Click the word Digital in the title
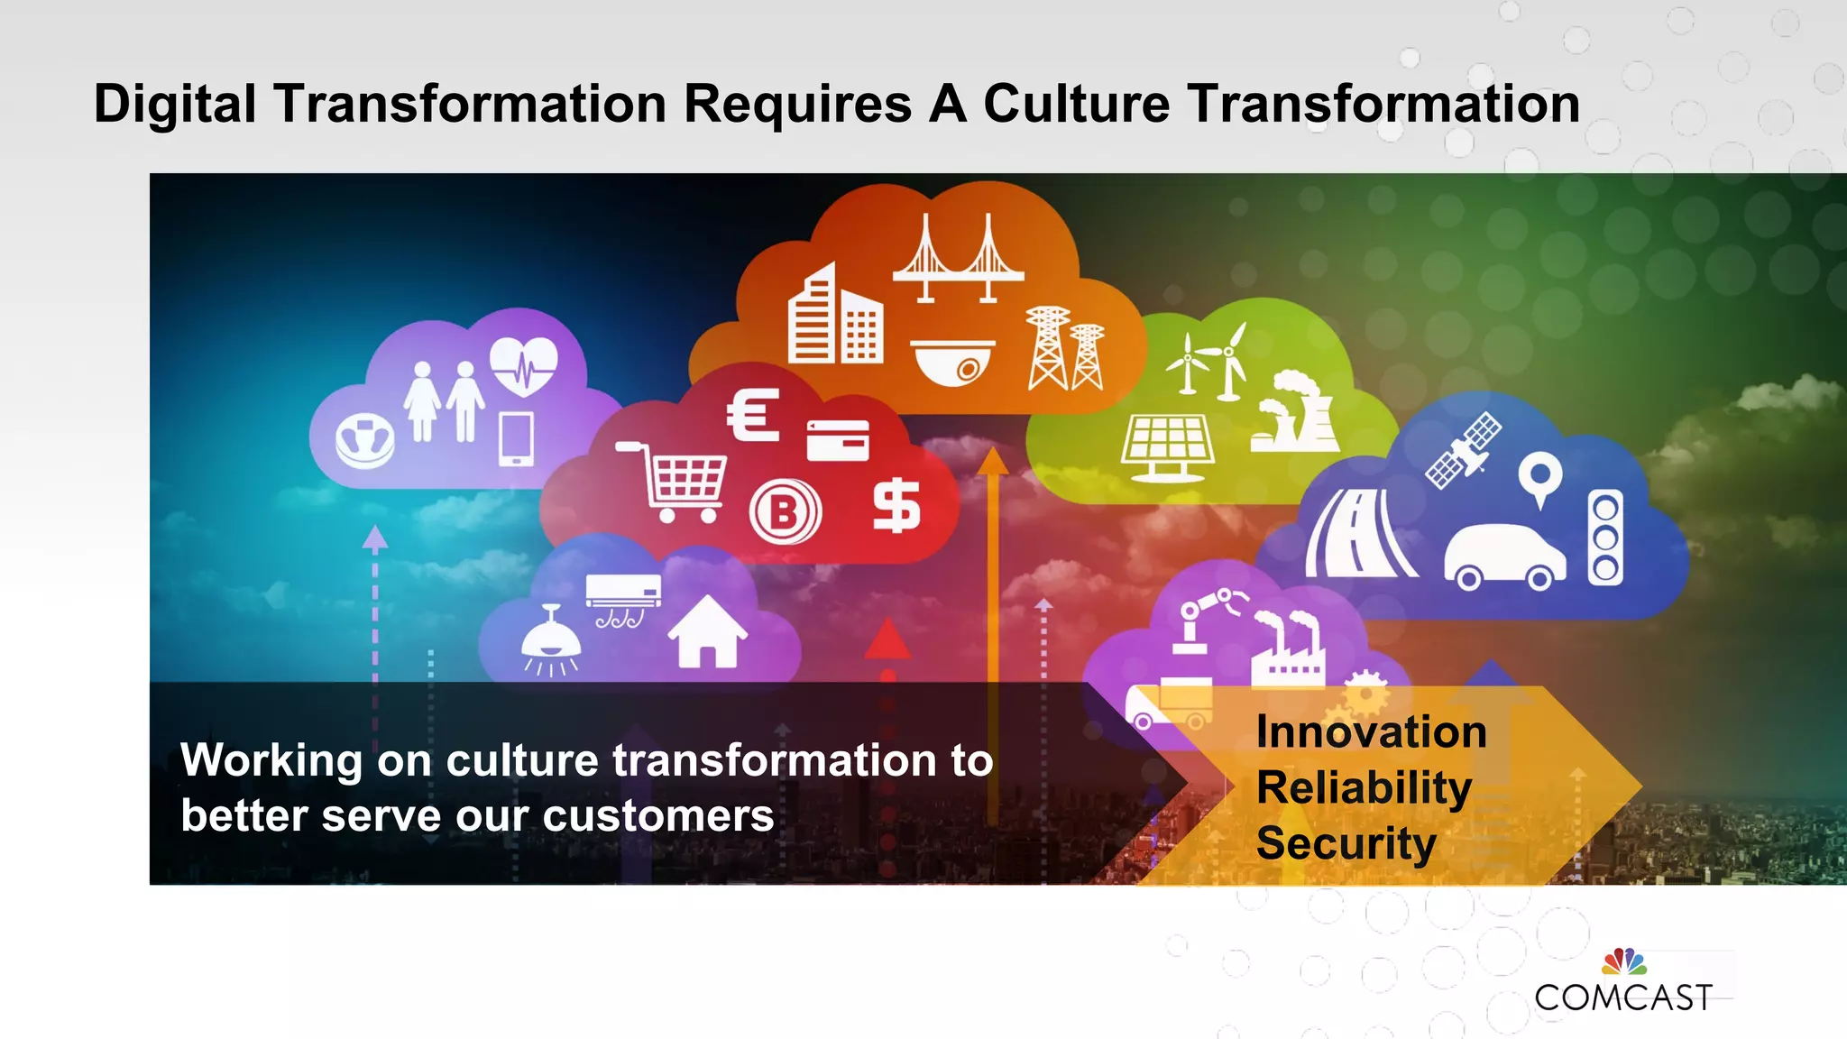click(175, 105)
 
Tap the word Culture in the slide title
click(1076, 105)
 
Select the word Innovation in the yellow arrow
click(1371, 731)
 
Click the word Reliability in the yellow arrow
click(1364, 788)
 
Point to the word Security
click(1346, 844)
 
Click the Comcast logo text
click(1623, 997)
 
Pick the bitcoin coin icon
click(785, 512)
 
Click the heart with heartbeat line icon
click(524, 365)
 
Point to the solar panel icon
click(1167, 448)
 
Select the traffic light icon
click(1605, 538)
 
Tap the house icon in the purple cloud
click(707, 632)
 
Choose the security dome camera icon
click(952, 362)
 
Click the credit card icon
click(838, 440)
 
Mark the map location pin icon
click(1540, 478)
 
